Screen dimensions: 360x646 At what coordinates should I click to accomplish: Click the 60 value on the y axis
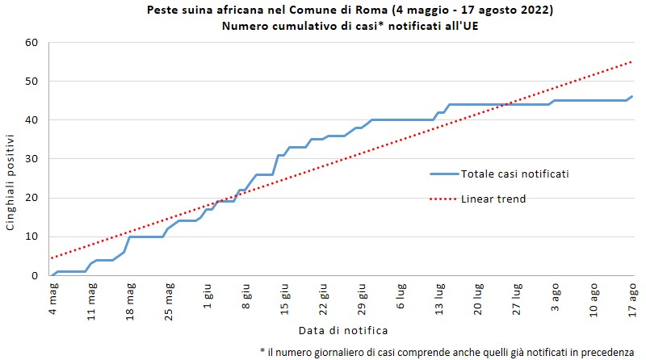click(32, 42)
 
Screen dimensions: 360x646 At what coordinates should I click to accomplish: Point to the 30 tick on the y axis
click(32, 159)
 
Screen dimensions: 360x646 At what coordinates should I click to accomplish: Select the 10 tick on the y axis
click(32, 237)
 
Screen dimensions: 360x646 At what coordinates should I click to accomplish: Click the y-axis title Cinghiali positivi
click(11, 184)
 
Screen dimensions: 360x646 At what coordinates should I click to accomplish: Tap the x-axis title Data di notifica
click(343, 331)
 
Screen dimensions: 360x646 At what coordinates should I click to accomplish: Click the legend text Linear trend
click(493, 199)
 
